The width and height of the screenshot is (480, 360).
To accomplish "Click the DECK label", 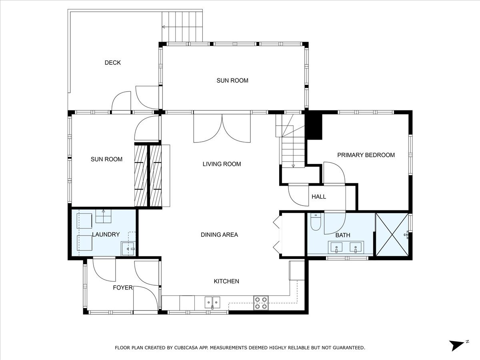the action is [113, 63].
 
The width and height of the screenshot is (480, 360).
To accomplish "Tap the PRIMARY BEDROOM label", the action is [366, 155].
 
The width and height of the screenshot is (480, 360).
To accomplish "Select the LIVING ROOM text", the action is [222, 164].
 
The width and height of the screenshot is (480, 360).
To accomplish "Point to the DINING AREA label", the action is [219, 234].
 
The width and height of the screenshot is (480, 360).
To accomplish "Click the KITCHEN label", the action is [226, 281].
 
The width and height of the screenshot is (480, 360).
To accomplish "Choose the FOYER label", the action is [123, 288].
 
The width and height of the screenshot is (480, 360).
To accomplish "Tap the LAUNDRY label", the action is [106, 234].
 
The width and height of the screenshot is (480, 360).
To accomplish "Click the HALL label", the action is [319, 196].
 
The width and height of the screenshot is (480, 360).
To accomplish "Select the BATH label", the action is [343, 235].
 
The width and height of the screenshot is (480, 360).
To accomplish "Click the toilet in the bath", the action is [316, 222].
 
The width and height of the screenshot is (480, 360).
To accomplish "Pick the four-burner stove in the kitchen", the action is [261, 303].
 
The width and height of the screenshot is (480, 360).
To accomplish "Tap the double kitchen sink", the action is [212, 302].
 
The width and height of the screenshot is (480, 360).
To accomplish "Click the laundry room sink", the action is [128, 248].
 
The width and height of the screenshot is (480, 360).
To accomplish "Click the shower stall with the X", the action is [392, 234].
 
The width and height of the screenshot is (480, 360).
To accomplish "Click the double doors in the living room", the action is [222, 128].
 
